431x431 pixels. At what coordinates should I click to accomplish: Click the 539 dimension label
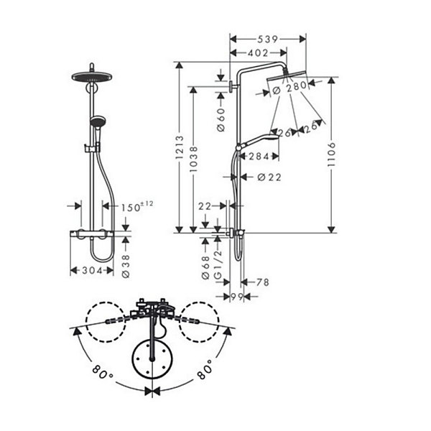pyautogui.click(x=267, y=40)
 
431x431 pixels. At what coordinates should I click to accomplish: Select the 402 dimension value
pyautogui.click(x=258, y=52)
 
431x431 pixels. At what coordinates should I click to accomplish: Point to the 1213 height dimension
pyautogui.click(x=180, y=147)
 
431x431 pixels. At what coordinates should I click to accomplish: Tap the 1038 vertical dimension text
pyautogui.click(x=193, y=159)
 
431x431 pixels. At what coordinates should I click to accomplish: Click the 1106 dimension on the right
pyautogui.click(x=332, y=154)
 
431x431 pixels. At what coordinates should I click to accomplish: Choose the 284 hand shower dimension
pyautogui.click(x=259, y=157)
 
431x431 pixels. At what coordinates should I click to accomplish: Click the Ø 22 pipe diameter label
pyautogui.click(x=269, y=177)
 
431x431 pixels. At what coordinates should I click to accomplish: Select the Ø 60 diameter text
pyautogui.click(x=221, y=119)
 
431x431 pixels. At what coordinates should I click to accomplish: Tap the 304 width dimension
pyautogui.click(x=93, y=271)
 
